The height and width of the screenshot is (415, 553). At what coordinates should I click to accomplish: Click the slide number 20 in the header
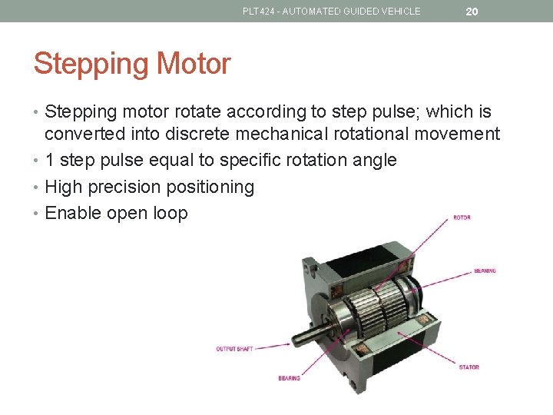tap(472, 12)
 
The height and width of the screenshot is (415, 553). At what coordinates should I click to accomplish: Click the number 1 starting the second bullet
tap(50, 161)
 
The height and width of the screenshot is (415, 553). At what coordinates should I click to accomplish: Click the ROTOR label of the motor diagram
tap(462, 217)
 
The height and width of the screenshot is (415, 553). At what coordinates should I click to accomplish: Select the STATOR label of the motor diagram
tap(469, 367)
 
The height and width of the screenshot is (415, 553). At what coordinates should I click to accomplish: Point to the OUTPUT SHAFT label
tap(234, 349)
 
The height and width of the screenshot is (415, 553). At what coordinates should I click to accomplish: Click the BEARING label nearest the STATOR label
tap(289, 378)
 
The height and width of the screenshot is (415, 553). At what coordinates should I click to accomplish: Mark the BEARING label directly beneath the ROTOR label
tap(485, 271)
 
